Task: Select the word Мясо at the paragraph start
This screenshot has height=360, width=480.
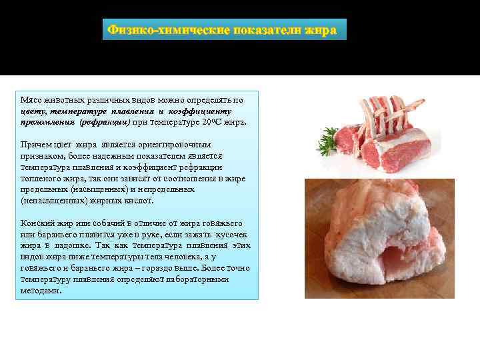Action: tap(31, 100)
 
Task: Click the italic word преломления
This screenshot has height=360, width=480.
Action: tap(46, 123)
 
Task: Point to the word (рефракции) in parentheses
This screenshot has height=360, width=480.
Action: tap(104, 123)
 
